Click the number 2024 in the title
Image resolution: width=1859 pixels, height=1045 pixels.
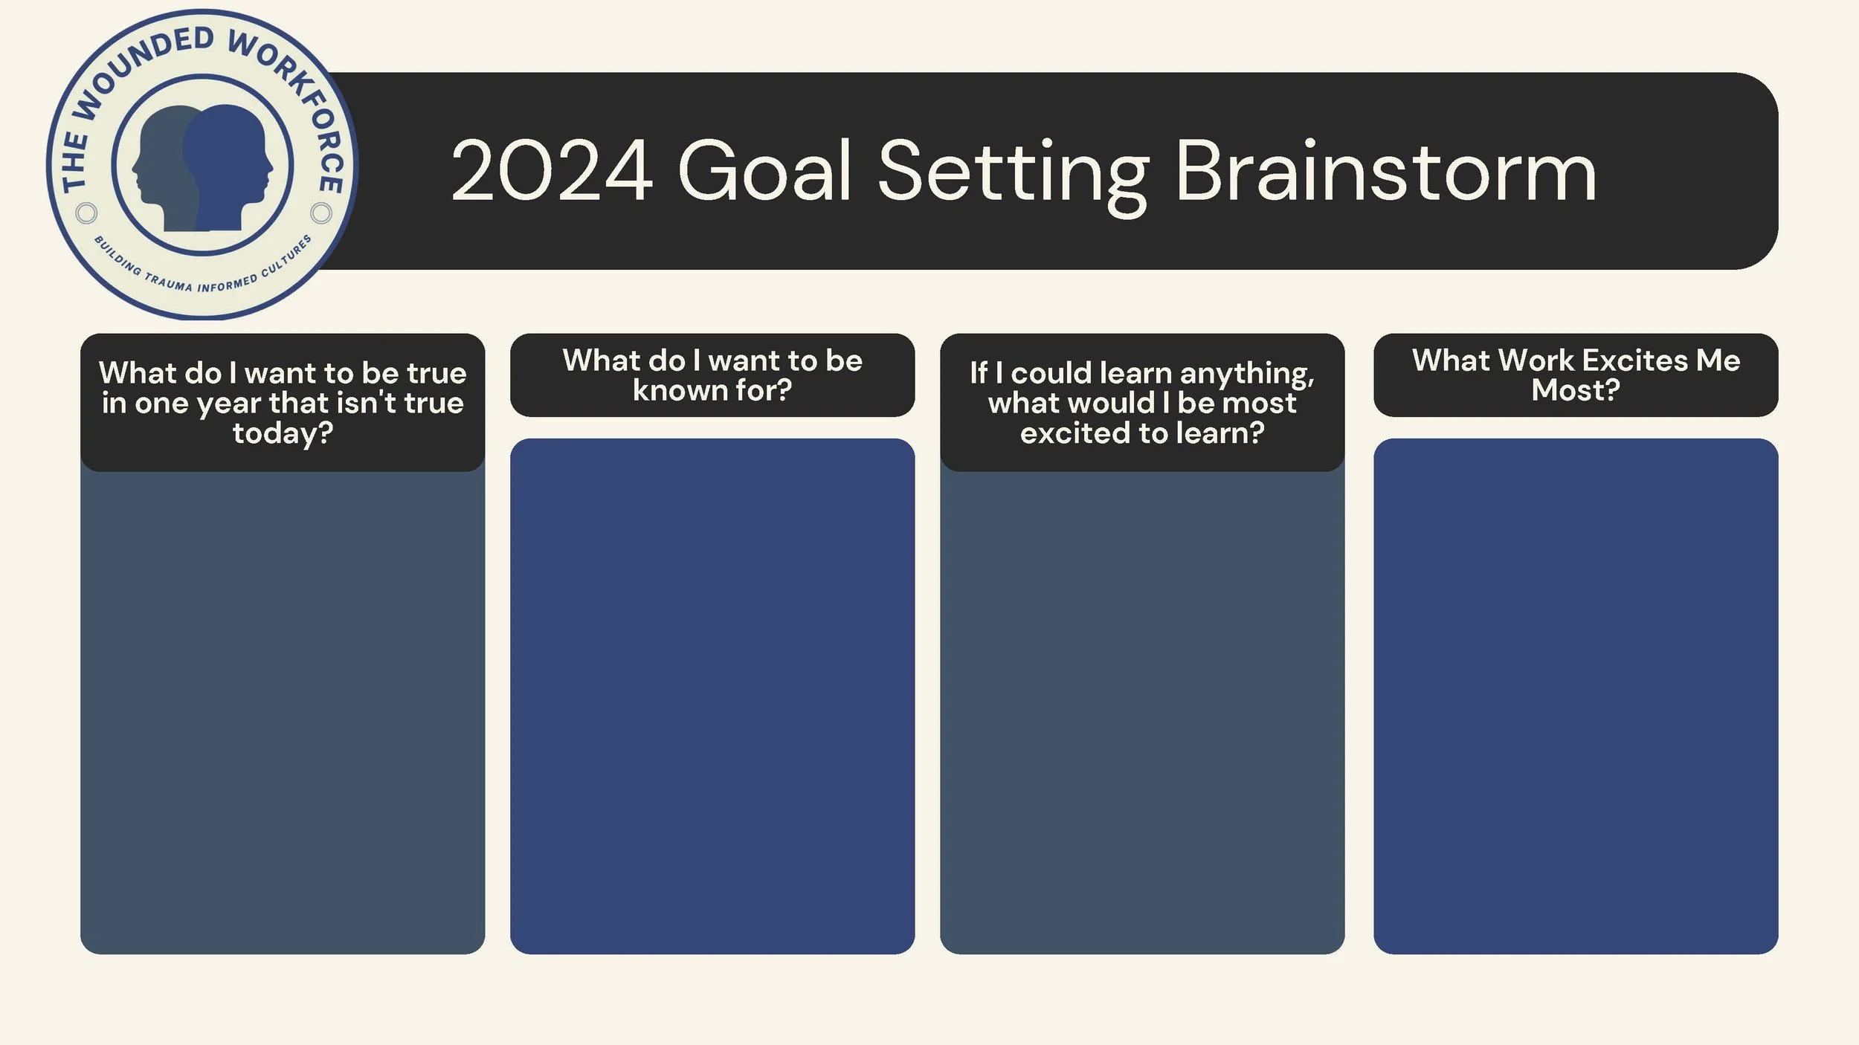(551, 172)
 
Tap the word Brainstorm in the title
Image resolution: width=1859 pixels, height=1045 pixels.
(1385, 172)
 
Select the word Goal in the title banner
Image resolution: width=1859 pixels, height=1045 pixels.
(764, 172)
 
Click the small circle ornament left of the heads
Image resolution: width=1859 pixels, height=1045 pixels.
(86, 213)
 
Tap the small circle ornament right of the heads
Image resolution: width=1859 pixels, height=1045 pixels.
(321, 213)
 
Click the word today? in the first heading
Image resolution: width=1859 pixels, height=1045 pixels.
(283, 433)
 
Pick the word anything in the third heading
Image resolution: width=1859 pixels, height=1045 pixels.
(1246, 374)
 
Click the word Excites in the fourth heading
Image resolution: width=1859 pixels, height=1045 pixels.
(1635, 360)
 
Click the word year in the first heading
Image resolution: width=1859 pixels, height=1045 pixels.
(228, 404)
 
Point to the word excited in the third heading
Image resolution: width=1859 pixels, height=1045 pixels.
(1075, 433)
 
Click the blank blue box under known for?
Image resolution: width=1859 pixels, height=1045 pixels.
(712, 695)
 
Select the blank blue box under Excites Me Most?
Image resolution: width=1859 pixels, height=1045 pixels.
(1575, 695)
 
